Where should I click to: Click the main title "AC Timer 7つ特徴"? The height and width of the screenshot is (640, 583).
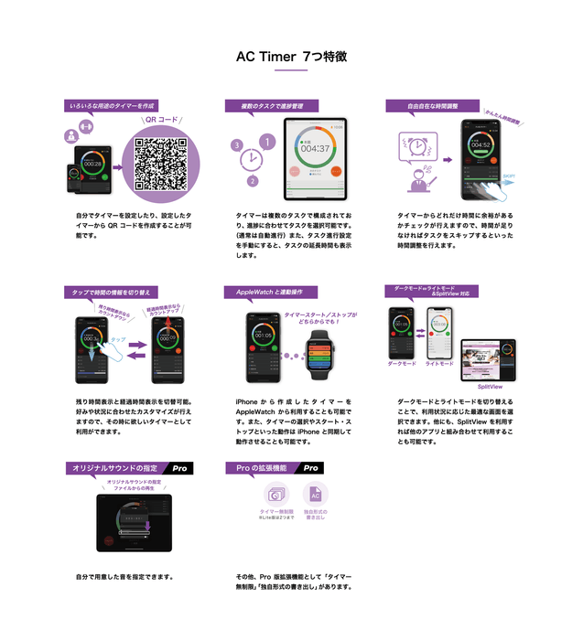(x=291, y=57)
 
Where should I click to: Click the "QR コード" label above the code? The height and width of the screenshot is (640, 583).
(x=161, y=119)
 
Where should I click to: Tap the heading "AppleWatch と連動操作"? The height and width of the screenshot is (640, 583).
(x=270, y=292)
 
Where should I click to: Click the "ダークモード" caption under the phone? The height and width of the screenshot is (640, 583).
(x=402, y=363)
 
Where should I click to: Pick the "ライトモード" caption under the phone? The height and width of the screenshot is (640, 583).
(x=439, y=363)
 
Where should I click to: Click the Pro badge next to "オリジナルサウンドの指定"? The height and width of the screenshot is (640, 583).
(x=180, y=467)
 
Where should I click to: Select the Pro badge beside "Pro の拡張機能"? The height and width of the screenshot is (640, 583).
(x=311, y=467)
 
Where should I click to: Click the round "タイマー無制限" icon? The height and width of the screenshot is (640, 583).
(x=275, y=494)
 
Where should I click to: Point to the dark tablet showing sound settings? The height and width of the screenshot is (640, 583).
(x=134, y=522)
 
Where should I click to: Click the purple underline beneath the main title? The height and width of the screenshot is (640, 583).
(x=291, y=70)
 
